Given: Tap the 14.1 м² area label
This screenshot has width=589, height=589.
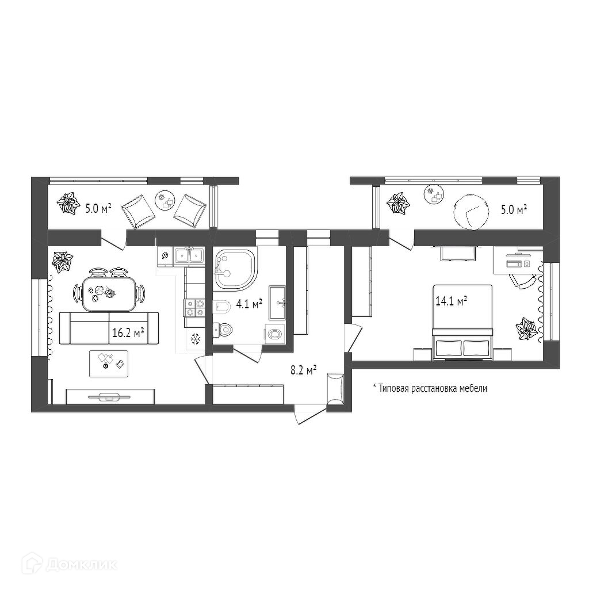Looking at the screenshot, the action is (450, 301).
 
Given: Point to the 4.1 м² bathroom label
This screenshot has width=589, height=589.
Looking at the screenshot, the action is (250, 304).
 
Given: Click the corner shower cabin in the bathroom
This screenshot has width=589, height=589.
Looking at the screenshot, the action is (235, 268).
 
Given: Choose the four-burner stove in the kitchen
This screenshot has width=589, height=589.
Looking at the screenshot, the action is (194, 308).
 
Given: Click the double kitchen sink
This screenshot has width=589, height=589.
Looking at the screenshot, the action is (189, 255).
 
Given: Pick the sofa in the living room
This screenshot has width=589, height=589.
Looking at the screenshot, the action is (109, 328).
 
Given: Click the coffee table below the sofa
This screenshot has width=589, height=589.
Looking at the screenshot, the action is (109, 363).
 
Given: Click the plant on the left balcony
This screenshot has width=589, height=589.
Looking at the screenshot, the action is (69, 204).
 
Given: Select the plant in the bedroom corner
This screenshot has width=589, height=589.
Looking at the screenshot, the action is (526, 329).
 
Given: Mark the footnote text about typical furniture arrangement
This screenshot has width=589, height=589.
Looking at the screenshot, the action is (430, 388).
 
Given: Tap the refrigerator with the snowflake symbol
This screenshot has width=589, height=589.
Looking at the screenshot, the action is (195, 339).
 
